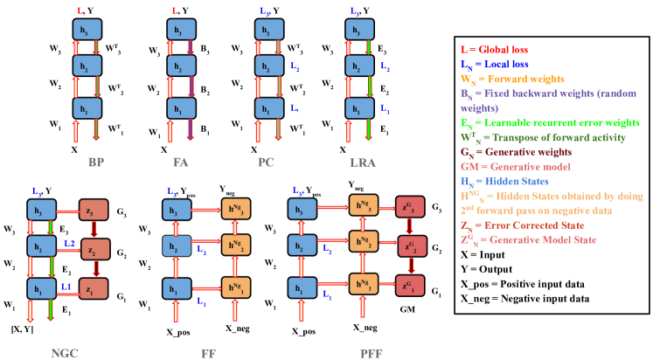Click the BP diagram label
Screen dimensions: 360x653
click(96, 162)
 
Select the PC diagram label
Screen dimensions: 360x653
click(267, 162)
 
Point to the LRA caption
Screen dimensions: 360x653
click(358, 162)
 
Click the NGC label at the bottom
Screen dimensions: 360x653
click(66, 352)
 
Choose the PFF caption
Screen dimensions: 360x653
click(372, 352)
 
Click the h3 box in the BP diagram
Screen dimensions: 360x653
click(87, 29)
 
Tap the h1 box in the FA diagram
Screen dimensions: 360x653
click(182, 108)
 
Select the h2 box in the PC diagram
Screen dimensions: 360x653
click(269, 66)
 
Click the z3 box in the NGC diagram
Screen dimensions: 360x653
click(94, 210)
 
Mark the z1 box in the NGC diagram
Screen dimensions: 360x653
click(94, 287)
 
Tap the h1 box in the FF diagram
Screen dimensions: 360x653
click(177, 287)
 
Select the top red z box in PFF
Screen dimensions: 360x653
click(410, 207)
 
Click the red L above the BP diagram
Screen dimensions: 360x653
click(80, 10)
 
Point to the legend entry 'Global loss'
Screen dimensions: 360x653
click(494, 50)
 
